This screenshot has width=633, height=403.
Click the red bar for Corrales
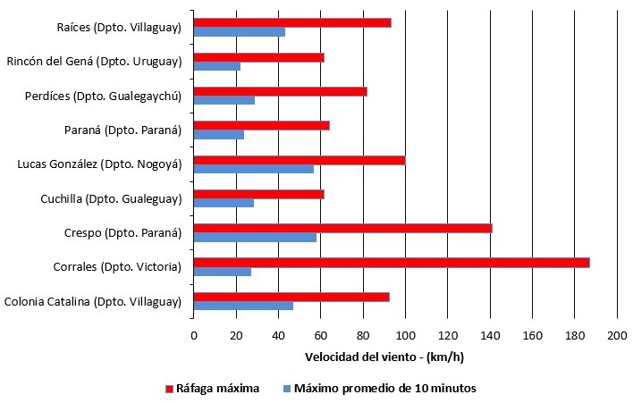[391, 262]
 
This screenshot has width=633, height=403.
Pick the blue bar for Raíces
[239, 32]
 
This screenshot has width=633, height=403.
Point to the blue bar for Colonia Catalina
[242, 306]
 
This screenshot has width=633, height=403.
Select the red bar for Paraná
[261, 125]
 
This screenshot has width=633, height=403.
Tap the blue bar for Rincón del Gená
[216, 66]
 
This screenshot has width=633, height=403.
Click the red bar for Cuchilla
[258, 194]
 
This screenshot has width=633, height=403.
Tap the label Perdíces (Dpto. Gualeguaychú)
[104, 96]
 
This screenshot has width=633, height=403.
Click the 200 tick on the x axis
[617, 336]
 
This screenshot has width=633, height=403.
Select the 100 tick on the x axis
[405, 336]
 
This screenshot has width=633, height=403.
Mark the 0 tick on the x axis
[193, 336]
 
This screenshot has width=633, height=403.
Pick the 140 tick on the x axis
[490, 336]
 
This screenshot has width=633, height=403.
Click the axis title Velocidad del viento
[384, 357]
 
